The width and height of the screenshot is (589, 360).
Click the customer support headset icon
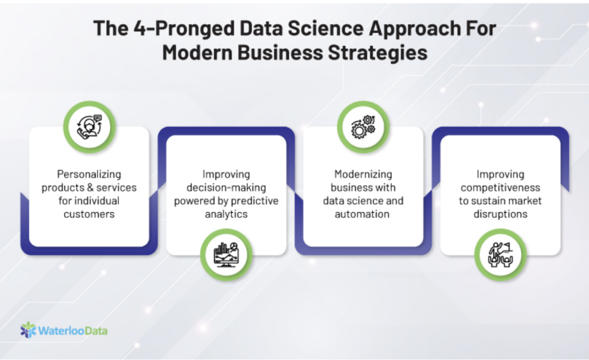pos(89,127)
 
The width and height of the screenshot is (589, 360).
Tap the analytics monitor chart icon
pos(226,255)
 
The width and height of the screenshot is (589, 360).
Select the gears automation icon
pos(363,127)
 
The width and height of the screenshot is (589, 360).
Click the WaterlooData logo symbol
pos(28,330)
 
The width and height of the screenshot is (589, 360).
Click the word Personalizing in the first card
pos(89,175)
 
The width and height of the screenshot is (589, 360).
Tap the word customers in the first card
pos(89,214)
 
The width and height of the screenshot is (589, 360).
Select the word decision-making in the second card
pos(226,187)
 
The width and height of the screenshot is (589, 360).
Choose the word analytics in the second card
pos(226,215)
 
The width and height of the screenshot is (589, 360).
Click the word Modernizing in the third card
pos(364,175)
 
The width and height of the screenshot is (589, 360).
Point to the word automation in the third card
pos(362,214)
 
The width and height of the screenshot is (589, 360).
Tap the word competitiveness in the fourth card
pos(500,187)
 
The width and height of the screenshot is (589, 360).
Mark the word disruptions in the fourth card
pos(500,214)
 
